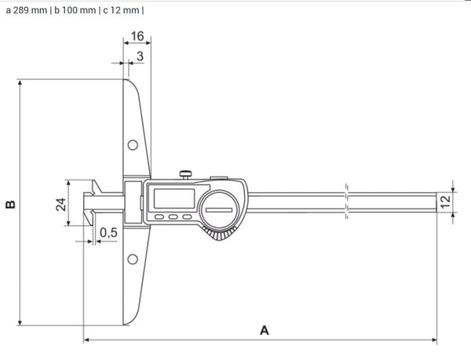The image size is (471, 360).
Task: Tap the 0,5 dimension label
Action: point(110,233)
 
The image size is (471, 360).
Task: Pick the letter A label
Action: point(265,330)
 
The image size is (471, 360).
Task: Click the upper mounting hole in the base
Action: point(133,144)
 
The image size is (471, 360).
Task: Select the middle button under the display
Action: point(173,218)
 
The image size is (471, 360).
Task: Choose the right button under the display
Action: point(186,218)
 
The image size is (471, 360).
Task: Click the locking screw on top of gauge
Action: point(187,173)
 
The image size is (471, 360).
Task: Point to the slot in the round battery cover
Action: point(219,208)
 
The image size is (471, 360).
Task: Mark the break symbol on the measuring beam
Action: point(346,202)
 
